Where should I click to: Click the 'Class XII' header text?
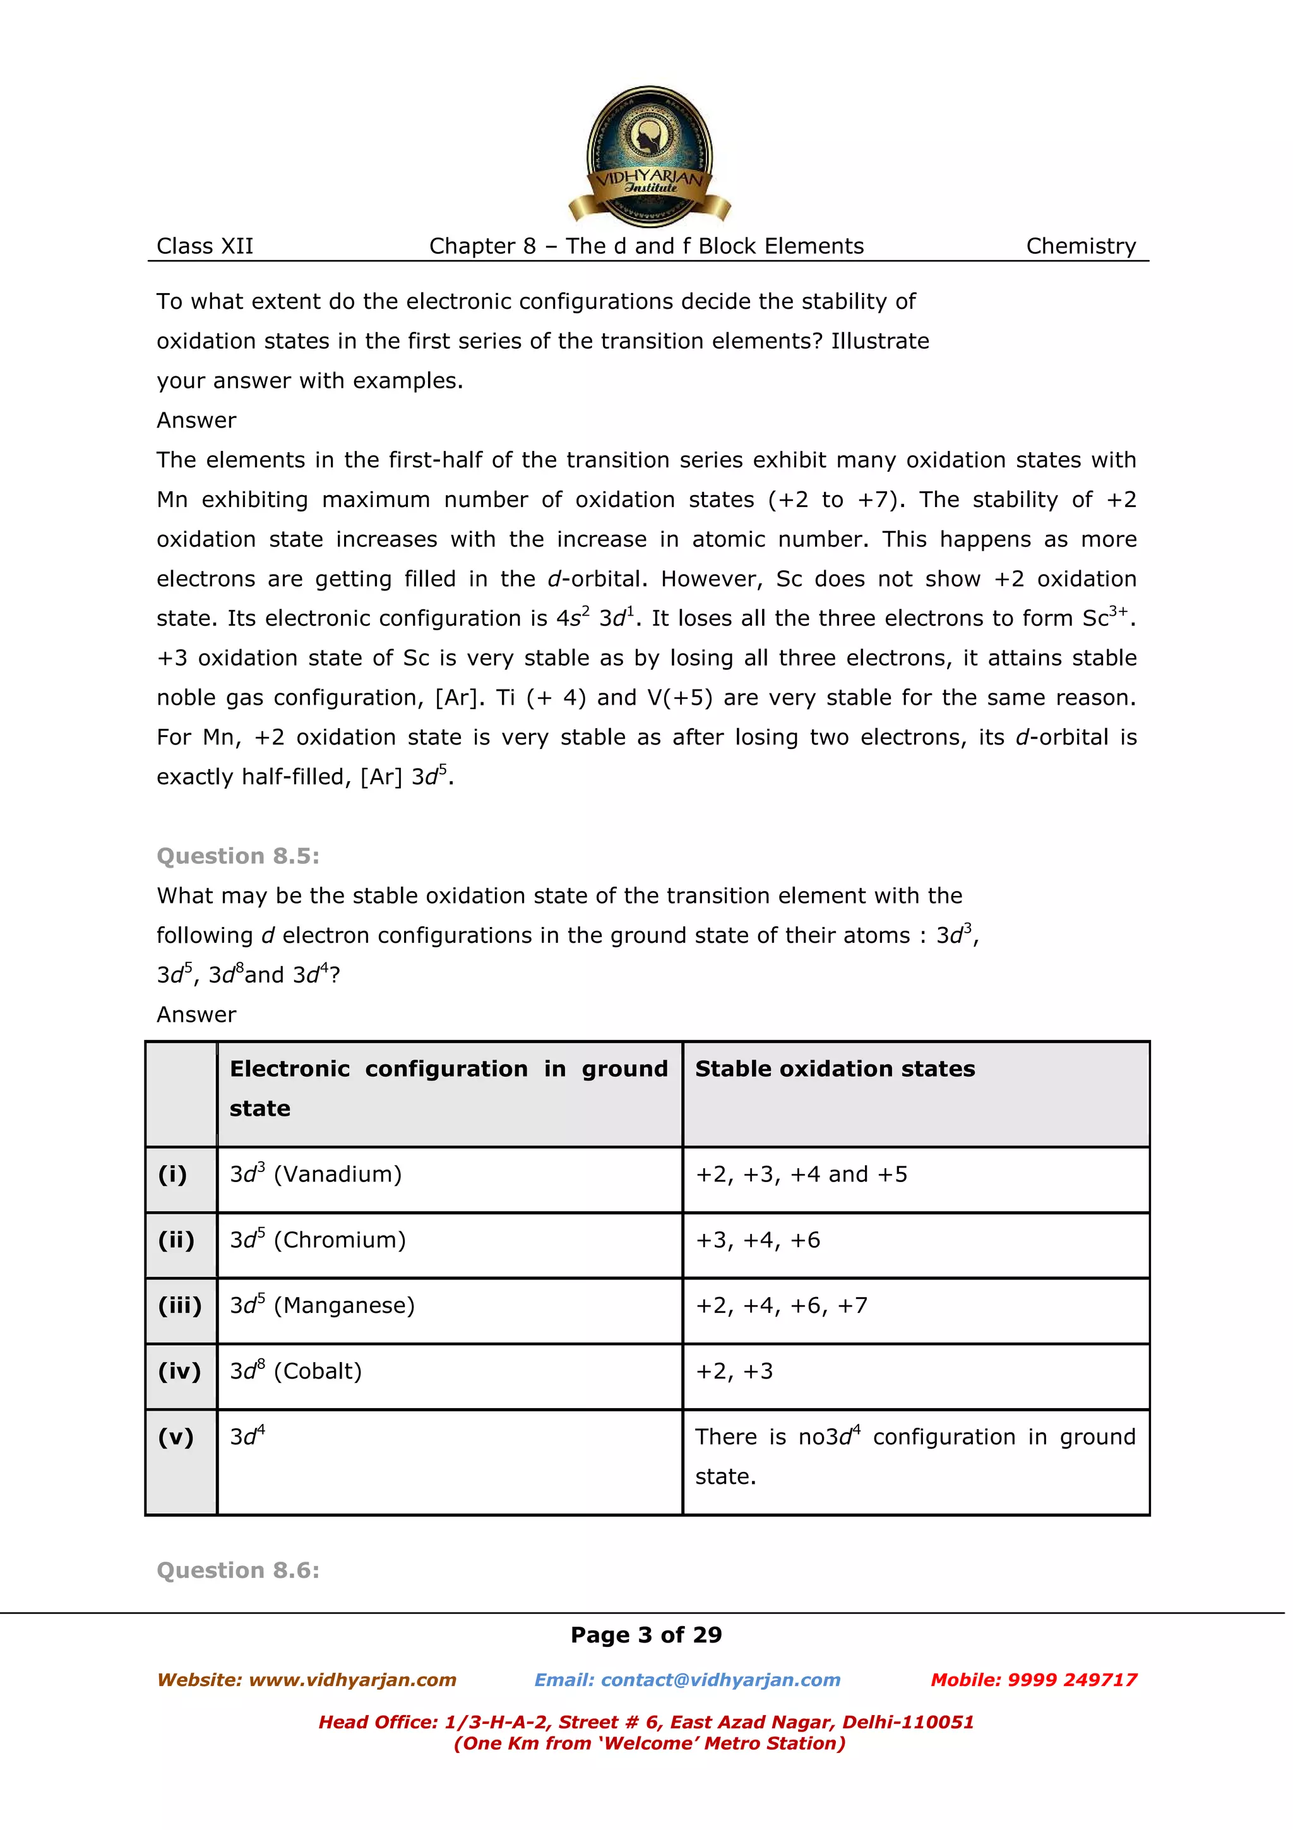pos(205,246)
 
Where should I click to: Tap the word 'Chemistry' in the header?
pos(1080,246)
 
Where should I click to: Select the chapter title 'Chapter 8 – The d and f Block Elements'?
pos(646,246)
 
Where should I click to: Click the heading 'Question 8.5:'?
pos(237,856)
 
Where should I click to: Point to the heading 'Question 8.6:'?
pos(237,1570)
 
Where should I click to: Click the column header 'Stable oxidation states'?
pos(834,1069)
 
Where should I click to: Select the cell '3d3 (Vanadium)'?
pos(316,1174)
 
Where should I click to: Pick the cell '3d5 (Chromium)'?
pos(318,1240)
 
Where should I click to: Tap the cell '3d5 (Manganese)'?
pos(322,1305)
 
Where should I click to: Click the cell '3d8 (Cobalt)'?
pos(295,1371)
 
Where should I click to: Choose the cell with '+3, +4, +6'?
pos(757,1240)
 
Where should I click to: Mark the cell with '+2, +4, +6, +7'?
pos(781,1305)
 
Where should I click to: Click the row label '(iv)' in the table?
pos(180,1371)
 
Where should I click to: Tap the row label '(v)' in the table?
pos(176,1437)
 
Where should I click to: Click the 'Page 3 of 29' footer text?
pos(646,1636)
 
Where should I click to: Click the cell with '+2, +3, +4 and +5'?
pos(801,1174)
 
